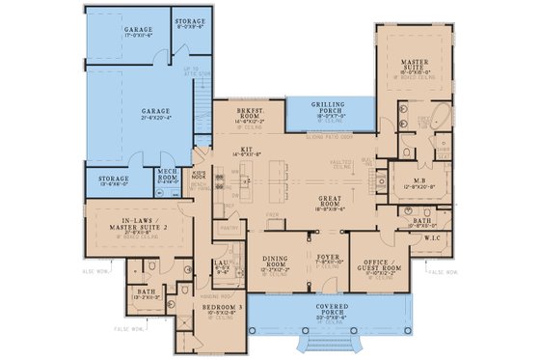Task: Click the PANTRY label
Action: point(229,229)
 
